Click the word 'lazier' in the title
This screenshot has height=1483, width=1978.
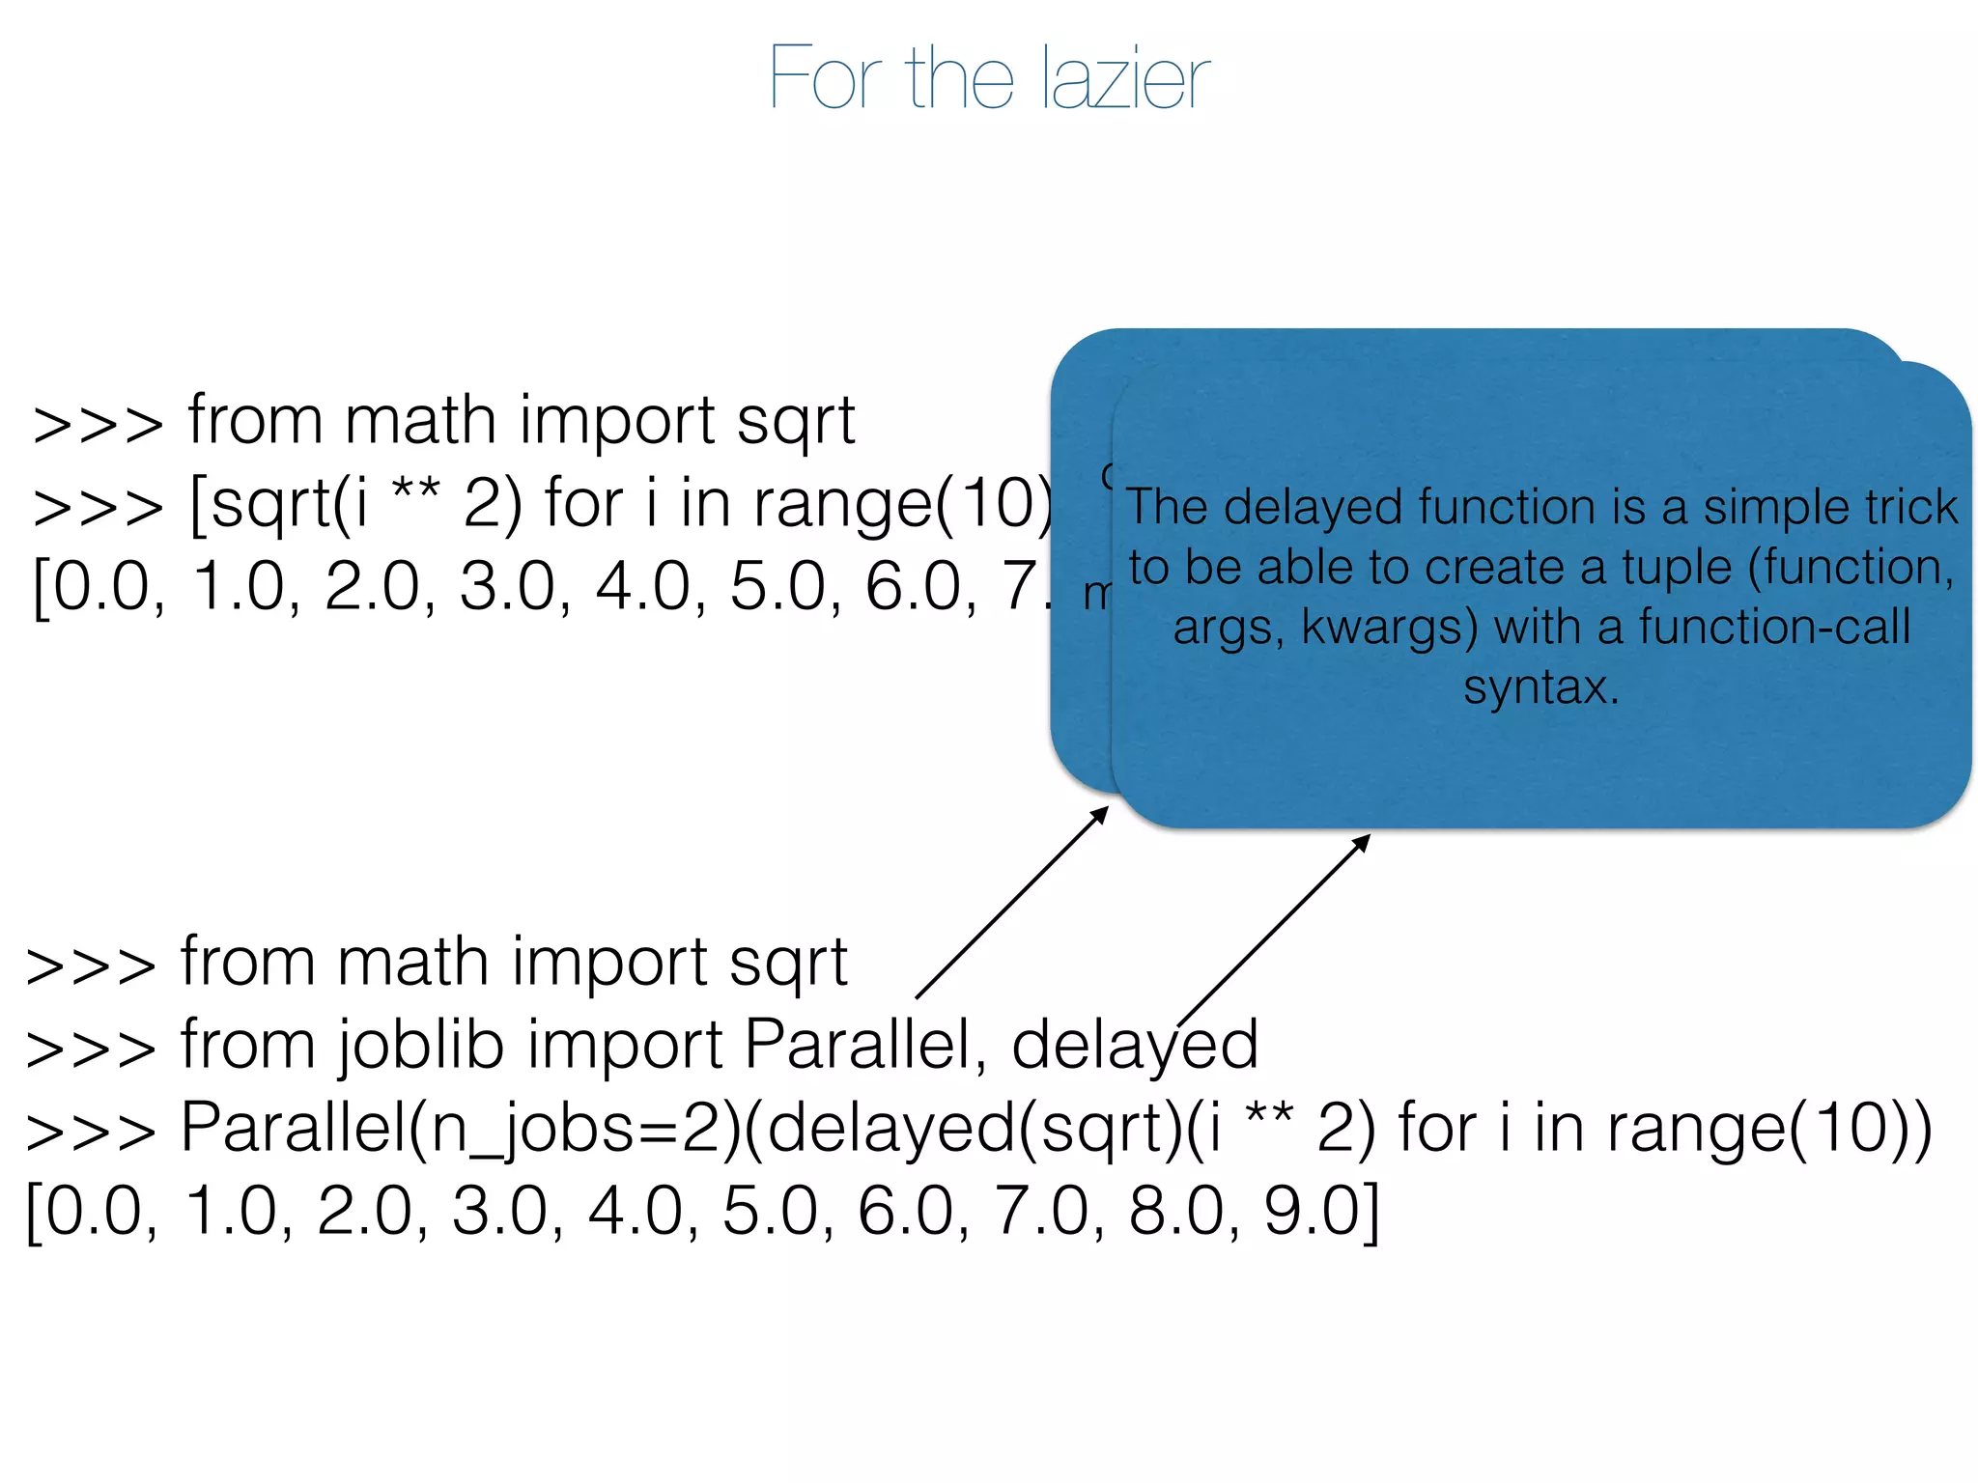click(x=1125, y=77)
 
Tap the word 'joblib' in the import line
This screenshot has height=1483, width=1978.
click(x=421, y=1045)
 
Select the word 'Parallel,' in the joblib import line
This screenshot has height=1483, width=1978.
click(x=865, y=1045)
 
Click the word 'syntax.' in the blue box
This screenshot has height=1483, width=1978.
click(x=1540, y=687)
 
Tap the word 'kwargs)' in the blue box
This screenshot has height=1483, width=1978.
click(x=1389, y=628)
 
